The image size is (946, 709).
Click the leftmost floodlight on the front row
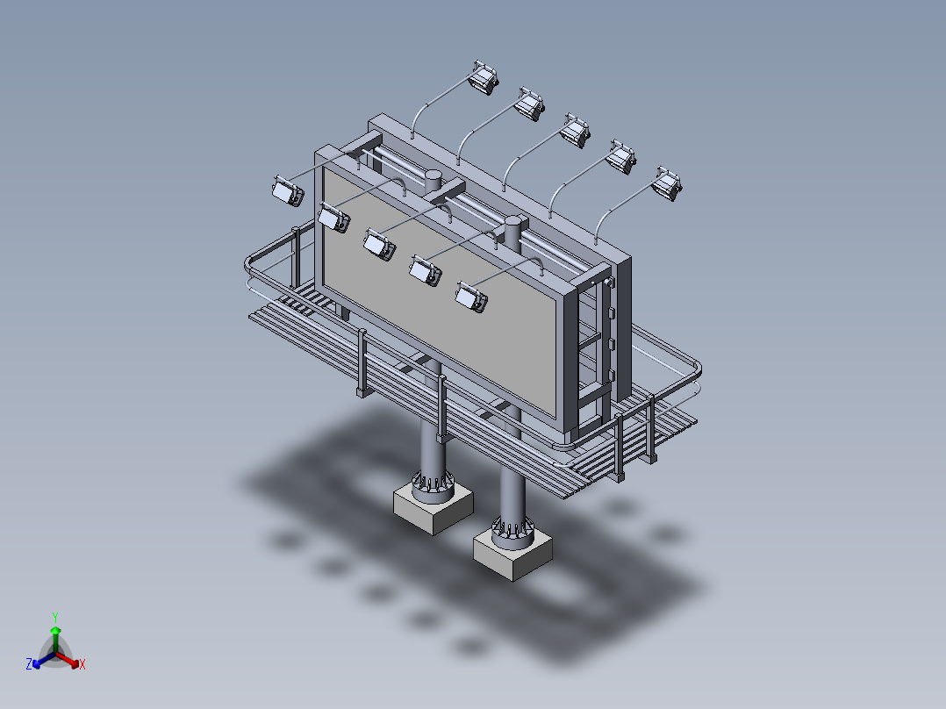(x=287, y=190)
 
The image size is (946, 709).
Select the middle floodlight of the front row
(x=379, y=243)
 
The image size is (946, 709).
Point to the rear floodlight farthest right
(x=668, y=183)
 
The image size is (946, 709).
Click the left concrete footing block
(x=433, y=508)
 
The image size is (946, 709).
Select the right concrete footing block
(x=512, y=555)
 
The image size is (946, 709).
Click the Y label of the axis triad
(x=54, y=617)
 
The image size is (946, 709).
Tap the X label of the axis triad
(x=82, y=665)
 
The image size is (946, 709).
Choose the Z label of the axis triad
(x=29, y=665)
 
